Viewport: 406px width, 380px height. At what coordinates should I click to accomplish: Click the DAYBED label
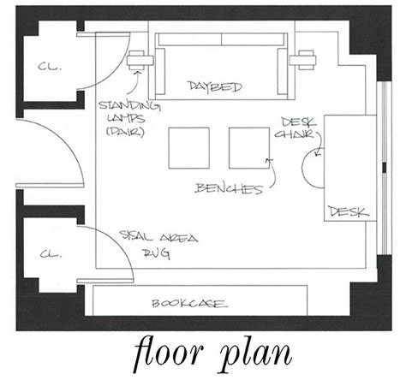[x=215, y=86]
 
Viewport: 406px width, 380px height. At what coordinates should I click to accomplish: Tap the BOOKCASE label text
[x=190, y=303]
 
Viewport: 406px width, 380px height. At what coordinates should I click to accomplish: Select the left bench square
[x=188, y=148]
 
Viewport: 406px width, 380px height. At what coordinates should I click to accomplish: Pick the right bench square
[x=249, y=148]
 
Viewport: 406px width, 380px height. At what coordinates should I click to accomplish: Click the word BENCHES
[x=229, y=188]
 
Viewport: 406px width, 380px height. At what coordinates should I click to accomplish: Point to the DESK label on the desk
[x=348, y=211]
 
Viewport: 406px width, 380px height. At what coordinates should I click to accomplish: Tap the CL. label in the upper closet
[x=50, y=67]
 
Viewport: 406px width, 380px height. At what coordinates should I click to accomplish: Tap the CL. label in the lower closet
[x=51, y=253]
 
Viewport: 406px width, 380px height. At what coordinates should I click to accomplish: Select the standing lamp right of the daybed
[x=302, y=60]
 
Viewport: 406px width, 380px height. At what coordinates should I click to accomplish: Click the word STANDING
[x=129, y=105]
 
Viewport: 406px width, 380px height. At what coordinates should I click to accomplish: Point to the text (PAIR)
[x=125, y=131]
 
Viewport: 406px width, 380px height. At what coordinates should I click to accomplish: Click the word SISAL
[x=136, y=235]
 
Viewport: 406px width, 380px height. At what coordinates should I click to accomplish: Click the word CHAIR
[x=295, y=134]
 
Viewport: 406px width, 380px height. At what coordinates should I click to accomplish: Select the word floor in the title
[x=169, y=352]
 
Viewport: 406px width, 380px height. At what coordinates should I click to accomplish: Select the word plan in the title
[x=256, y=353]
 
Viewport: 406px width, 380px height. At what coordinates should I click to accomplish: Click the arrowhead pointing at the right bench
[x=268, y=160]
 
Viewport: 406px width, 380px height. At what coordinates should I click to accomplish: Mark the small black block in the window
[x=385, y=168]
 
